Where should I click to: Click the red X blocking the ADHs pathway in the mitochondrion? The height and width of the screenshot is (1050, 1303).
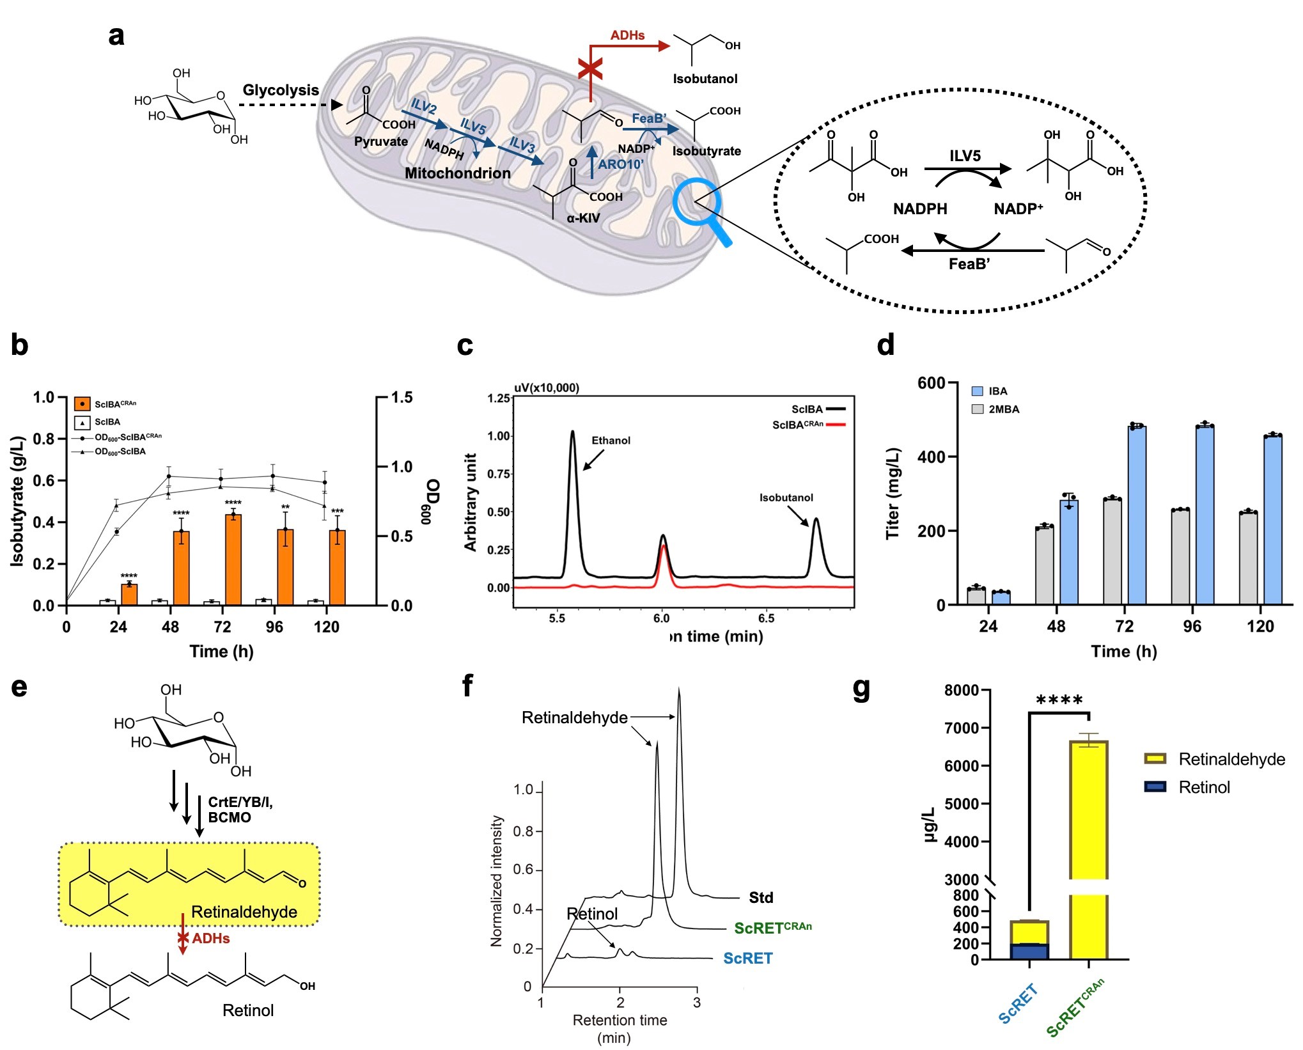pos(590,68)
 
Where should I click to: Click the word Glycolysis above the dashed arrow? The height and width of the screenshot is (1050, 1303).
pos(281,90)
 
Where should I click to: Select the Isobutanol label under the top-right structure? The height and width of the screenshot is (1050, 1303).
pos(705,79)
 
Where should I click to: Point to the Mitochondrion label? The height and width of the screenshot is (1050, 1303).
pos(458,173)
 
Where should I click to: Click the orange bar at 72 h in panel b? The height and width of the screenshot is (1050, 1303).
pos(233,560)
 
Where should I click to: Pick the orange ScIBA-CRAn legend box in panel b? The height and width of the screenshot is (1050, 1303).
pos(82,404)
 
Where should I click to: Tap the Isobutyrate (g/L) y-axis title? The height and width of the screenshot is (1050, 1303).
pos(17,501)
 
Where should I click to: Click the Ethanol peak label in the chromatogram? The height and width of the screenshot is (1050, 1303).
pos(611,441)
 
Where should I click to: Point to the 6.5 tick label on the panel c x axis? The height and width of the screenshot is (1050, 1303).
pos(766,618)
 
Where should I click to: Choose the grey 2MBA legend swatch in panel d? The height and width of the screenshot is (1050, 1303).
pos(978,409)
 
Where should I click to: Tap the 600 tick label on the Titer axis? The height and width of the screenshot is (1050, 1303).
pos(931,384)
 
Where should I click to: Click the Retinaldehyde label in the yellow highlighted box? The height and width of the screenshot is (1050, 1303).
pos(244,912)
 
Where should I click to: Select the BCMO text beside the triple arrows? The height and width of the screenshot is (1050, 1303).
pos(230,818)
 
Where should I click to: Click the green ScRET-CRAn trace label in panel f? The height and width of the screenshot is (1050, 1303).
pos(772,928)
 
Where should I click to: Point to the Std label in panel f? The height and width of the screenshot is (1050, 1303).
pos(761,898)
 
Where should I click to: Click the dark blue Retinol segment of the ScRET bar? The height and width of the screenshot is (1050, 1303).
pos(1029,952)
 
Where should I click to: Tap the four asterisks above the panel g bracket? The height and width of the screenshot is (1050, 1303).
pos(1059,701)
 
